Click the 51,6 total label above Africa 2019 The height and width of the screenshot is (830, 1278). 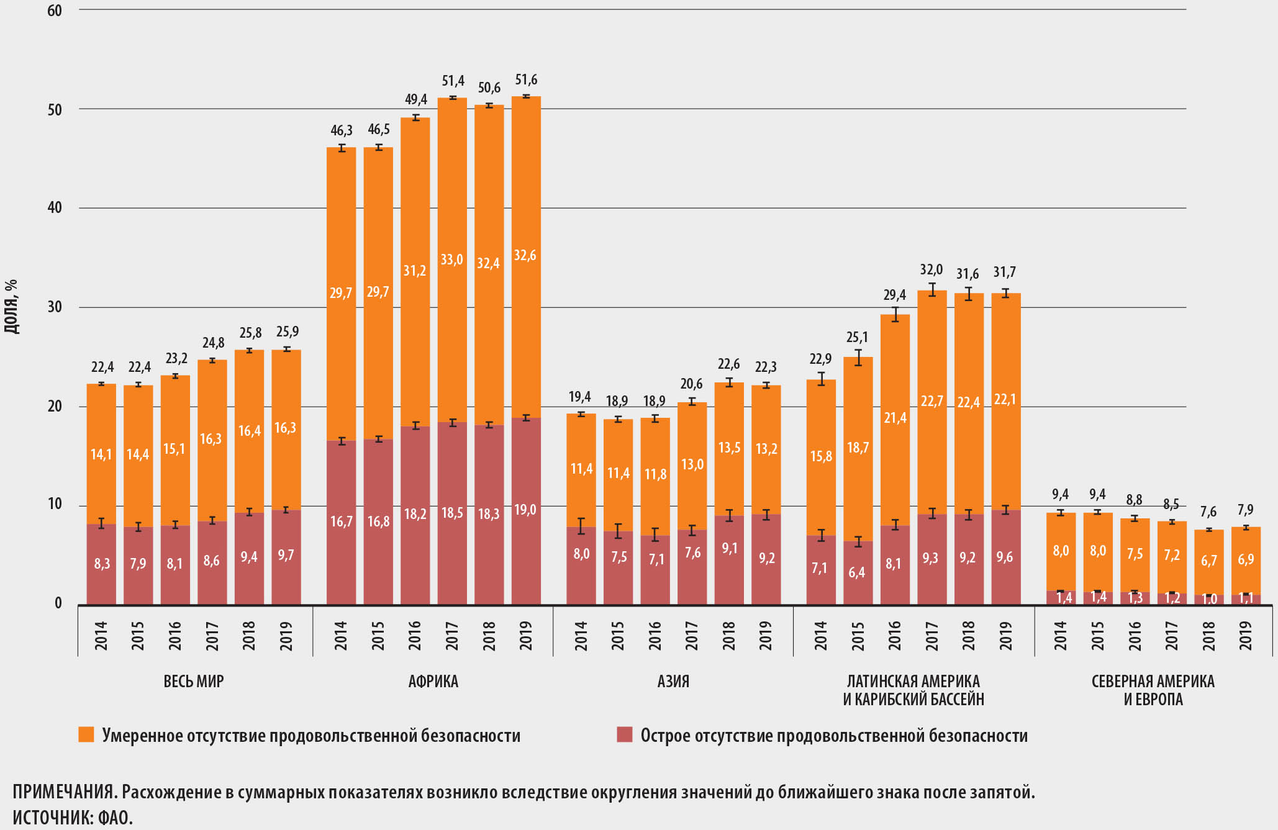click(x=526, y=79)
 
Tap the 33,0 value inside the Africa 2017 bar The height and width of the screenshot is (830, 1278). click(x=451, y=259)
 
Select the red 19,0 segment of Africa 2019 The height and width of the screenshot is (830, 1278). click(x=525, y=510)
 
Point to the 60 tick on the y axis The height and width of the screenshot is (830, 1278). click(x=55, y=11)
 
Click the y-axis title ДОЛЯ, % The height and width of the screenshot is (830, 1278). click(x=11, y=307)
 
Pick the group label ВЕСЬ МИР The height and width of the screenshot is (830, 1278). click(x=193, y=681)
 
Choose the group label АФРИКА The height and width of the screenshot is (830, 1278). click(x=433, y=681)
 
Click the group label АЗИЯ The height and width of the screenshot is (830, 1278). click(x=673, y=681)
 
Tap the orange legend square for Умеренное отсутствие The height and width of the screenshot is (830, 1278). click(x=86, y=734)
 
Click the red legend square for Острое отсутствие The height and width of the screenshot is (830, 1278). click(x=624, y=734)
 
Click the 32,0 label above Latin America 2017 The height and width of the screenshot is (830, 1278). click(x=931, y=269)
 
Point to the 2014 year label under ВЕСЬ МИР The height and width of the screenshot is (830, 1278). click(x=101, y=635)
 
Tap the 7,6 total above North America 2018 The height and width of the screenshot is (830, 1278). click(x=1208, y=512)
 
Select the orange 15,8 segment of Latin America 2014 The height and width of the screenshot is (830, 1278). click(x=821, y=456)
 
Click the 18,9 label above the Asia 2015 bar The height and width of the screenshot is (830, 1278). click(x=618, y=402)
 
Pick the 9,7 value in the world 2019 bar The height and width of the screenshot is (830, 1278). click(x=286, y=555)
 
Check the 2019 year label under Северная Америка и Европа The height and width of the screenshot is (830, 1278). click(x=1246, y=635)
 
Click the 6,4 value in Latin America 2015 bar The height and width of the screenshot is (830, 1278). click(x=857, y=572)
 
